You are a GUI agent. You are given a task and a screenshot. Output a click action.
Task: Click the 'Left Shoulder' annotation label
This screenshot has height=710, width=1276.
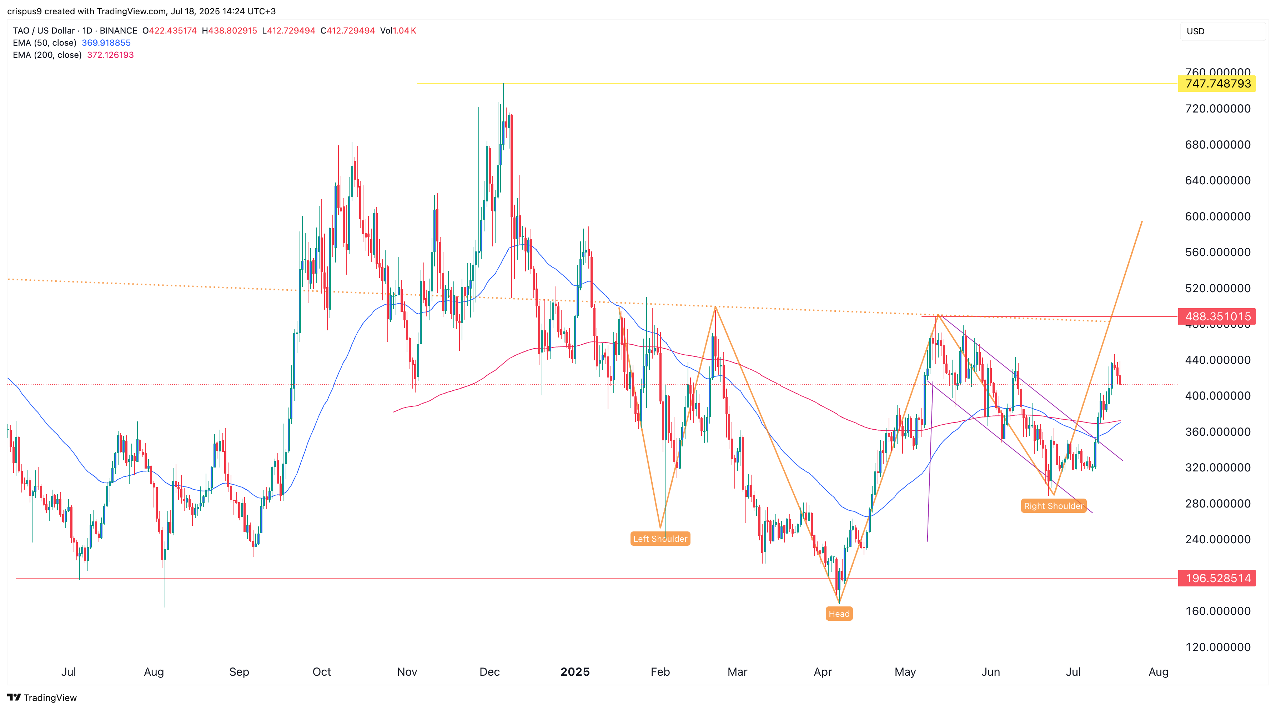(660, 539)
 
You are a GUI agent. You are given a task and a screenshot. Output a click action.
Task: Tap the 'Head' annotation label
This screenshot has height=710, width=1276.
(839, 614)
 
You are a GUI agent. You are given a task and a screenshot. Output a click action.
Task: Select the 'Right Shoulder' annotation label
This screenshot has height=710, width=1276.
(1054, 506)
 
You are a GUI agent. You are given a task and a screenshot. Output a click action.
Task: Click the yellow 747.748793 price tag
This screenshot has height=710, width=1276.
(1217, 84)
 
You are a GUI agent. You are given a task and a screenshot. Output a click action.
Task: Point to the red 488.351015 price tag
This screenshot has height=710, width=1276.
(1217, 316)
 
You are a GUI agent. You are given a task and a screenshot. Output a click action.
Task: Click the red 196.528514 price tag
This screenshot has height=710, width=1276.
(1217, 578)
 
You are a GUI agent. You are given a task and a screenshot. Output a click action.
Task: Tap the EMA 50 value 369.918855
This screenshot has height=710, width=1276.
(106, 42)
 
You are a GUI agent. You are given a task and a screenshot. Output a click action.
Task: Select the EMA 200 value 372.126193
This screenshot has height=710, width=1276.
(110, 55)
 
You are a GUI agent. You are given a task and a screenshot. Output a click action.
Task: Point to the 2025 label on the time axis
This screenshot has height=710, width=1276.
(574, 672)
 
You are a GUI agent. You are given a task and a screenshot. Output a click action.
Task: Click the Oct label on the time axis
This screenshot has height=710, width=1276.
(321, 672)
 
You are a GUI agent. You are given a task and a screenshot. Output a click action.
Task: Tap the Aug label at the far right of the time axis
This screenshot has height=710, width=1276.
(1158, 672)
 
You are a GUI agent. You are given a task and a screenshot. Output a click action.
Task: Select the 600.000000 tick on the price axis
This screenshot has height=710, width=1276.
(1217, 216)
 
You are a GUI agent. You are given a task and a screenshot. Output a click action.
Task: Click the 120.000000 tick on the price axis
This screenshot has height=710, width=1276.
(1217, 647)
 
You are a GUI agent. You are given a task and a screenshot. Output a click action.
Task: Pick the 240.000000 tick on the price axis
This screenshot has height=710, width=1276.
(1217, 539)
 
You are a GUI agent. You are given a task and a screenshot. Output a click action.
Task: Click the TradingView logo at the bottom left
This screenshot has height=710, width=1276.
(42, 697)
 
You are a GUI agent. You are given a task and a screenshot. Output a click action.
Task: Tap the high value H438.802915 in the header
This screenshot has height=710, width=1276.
(229, 31)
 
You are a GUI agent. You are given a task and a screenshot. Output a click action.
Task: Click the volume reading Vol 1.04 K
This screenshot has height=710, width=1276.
(398, 31)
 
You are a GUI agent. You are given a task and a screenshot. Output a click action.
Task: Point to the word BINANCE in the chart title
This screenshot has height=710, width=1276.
(119, 31)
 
